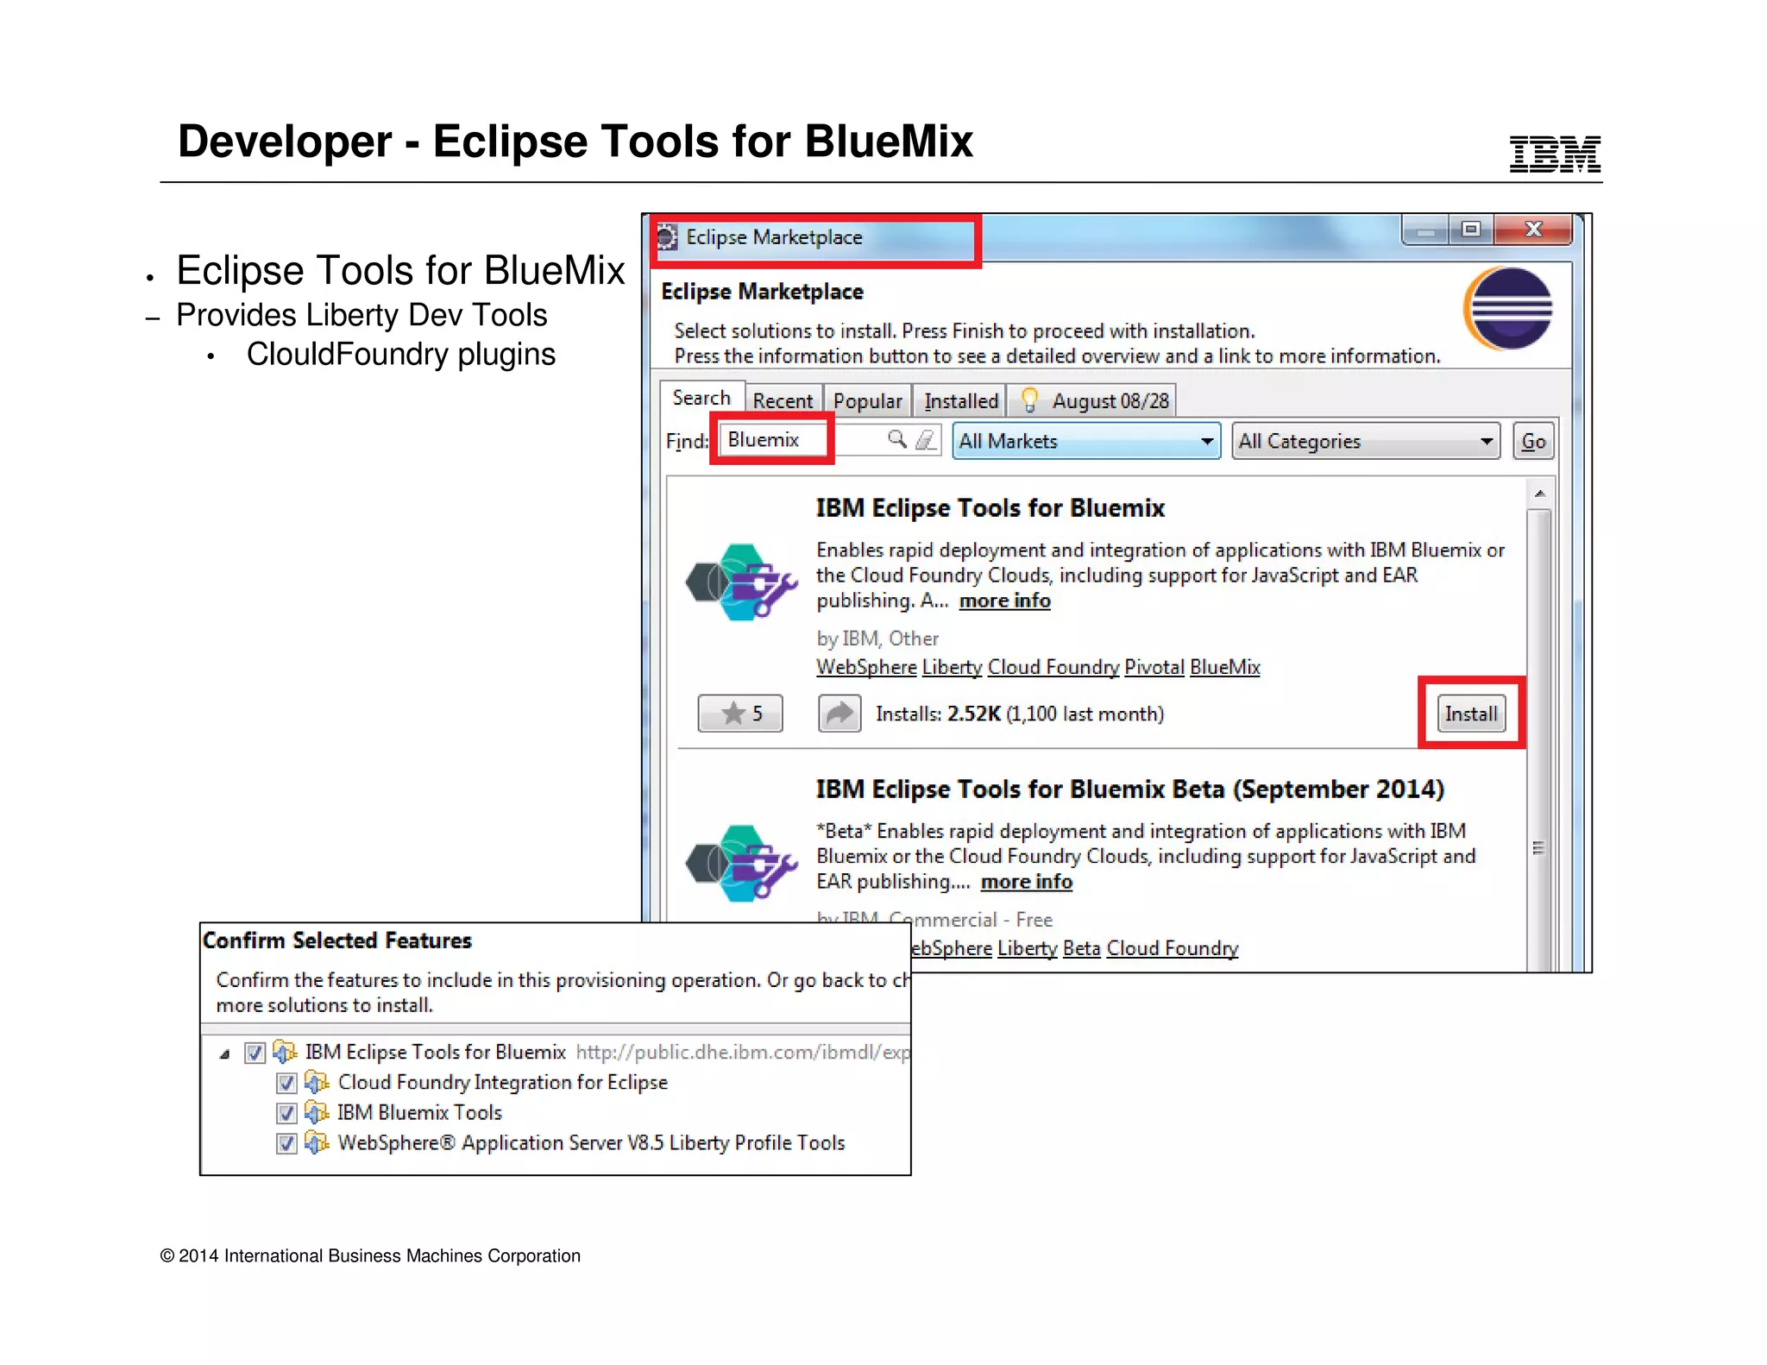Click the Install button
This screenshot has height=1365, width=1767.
pos(1471,714)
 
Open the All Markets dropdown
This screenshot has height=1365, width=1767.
pos(1085,441)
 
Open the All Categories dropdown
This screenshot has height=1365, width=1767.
pos(1365,441)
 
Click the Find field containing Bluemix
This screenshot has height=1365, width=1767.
pos(802,440)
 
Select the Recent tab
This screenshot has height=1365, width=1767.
pos(783,401)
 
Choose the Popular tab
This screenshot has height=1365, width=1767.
pos(867,401)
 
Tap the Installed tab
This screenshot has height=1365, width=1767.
pos(960,401)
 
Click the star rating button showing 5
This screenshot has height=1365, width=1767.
pos(740,714)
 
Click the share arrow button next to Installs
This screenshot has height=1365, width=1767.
pos(839,714)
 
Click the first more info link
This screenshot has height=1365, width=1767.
pos(1004,601)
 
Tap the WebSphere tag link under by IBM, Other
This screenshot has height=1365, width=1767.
pos(866,667)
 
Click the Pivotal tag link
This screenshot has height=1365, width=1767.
pos(1154,667)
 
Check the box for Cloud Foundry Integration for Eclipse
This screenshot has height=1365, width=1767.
pos(286,1083)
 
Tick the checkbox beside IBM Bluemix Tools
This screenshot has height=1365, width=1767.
pos(286,1113)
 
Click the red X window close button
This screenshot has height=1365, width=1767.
pos(1533,230)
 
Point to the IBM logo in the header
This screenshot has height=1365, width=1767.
pos(1555,154)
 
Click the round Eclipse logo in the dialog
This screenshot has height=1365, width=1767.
pos(1509,308)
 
